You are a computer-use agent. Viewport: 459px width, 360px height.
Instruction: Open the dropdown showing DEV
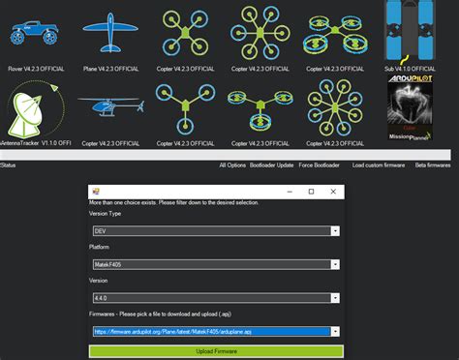[x=215, y=231]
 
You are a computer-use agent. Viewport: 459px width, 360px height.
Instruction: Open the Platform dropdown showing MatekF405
[x=215, y=264]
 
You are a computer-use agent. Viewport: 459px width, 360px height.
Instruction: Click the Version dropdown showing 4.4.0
[x=215, y=297]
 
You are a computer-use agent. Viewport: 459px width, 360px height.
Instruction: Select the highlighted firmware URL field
[x=215, y=331]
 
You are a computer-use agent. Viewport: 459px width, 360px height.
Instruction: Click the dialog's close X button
[x=332, y=192]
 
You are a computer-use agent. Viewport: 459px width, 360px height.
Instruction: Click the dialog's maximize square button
[x=310, y=192]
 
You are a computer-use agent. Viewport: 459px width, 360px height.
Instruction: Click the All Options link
[x=233, y=165]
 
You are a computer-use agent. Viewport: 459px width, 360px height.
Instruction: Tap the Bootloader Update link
[x=272, y=165]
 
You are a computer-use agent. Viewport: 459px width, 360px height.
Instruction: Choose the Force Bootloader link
[x=319, y=165]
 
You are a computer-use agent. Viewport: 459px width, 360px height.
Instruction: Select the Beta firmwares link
[x=433, y=165]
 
